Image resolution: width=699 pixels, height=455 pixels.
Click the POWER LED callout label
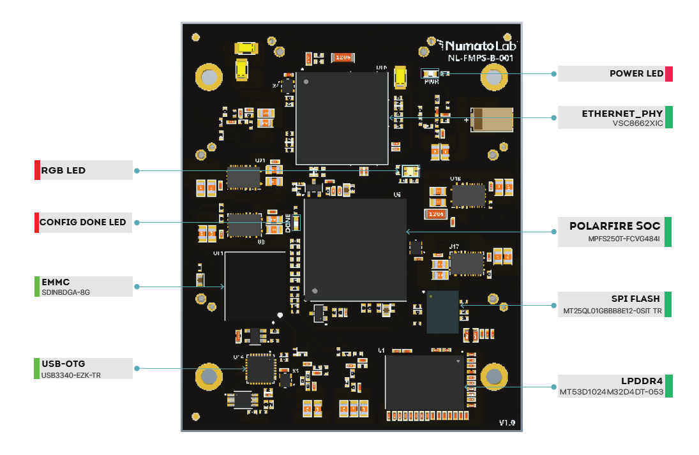(x=636, y=73)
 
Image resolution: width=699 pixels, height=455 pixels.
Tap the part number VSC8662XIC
(x=637, y=123)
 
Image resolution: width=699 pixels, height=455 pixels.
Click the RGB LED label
(x=63, y=170)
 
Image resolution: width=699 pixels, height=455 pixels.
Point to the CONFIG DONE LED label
(x=82, y=223)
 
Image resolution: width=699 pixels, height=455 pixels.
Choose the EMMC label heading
(x=56, y=282)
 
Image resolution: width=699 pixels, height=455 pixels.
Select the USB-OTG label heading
(x=63, y=364)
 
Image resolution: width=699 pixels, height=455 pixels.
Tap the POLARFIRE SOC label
(x=615, y=227)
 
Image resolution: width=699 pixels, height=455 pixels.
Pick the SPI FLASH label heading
(x=635, y=299)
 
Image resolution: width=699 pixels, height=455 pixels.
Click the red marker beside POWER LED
(x=669, y=73)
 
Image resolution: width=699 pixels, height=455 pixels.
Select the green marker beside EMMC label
(x=36, y=286)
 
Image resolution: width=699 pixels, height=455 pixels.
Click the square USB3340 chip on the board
(x=260, y=368)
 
